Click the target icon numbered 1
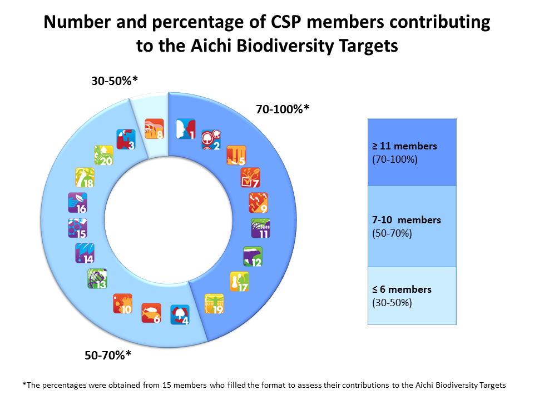click(x=185, y=128)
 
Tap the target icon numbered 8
click(x=154, y=128)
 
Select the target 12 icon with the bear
click(x=252, y=256)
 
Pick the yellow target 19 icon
click(x=214, y=304)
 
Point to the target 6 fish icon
click(x=151, y=312)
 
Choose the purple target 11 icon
click(x=260, y=228)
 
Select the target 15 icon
click(x=77, y=228)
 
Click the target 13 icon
click(x=97, y=278)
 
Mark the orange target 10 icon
click(x=122, y=303)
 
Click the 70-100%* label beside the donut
click(x=282, y=109)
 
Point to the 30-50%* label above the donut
click(x=114, y=81)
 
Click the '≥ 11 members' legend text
click(x=404, y=147)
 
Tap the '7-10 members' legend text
click(x=406, y=220)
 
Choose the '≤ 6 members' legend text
click(x=402, y=289)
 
